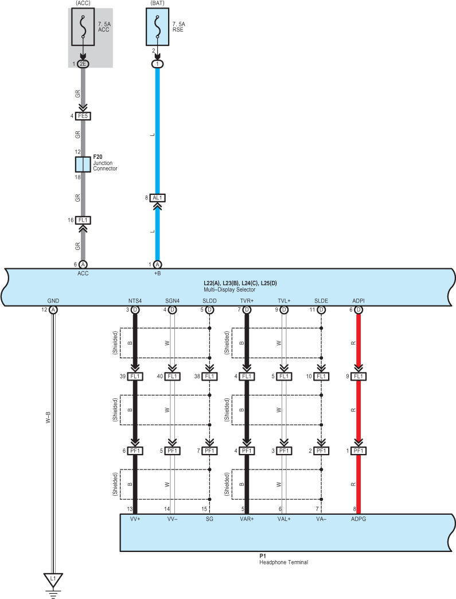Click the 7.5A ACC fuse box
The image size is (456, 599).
point(83,26)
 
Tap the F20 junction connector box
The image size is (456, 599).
point(83,165)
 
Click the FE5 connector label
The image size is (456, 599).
point(83,116)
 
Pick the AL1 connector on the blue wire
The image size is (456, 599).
point(158,198)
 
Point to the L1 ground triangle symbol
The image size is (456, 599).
point(53,579)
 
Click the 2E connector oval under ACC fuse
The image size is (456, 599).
point(83,64)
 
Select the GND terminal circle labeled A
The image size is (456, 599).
point(53,310)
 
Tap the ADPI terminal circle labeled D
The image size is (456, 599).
point(358,310)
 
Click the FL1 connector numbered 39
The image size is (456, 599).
point(135,377)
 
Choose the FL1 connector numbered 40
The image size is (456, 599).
point(172,377)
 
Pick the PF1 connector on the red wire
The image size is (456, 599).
point(358,451)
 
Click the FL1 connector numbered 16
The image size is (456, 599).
point(83,220)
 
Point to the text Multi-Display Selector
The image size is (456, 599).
point(230,290)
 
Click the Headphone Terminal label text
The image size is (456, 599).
point(283,562)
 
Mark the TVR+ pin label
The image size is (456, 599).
point(247,301)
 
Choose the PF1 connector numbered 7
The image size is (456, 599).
point(209,451)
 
